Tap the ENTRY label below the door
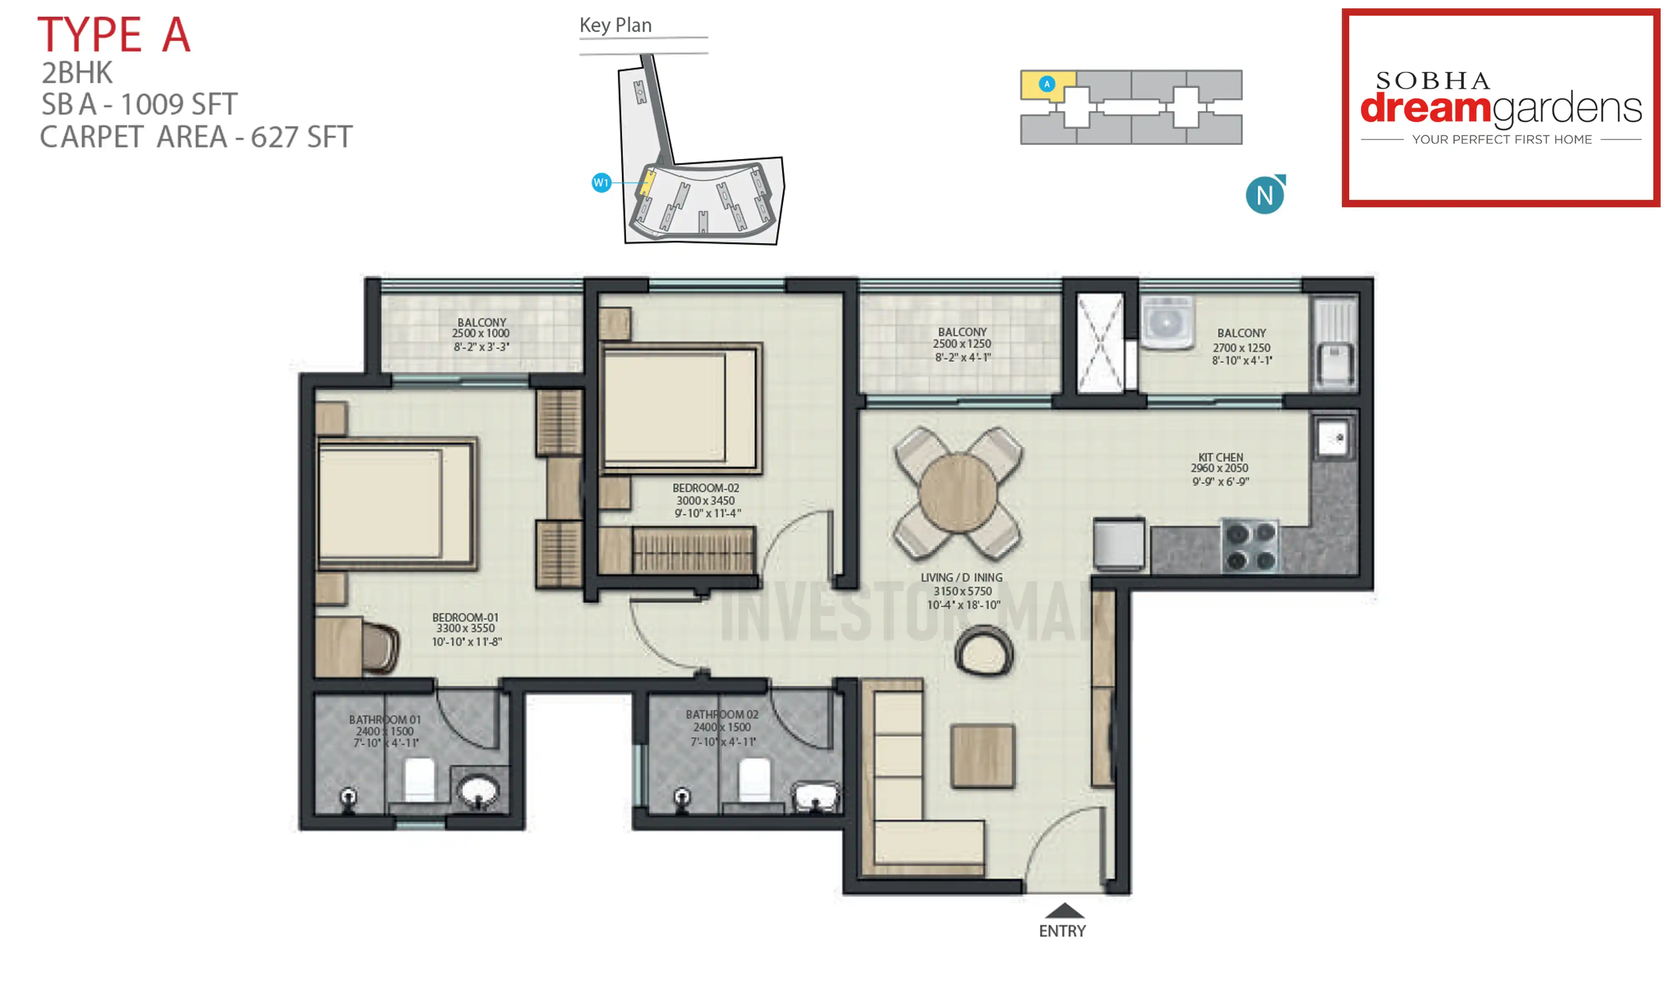(x=1062, y=931)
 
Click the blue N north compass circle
(x=1263, y=196)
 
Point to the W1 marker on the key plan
(x=600, y=183)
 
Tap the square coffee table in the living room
(x=982, y=755)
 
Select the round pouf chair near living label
(x=983, y=651)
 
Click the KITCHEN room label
(x=1220, y=457)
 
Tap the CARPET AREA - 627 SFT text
(x=196, y=137)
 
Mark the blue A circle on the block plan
(x=1046, y=84)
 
